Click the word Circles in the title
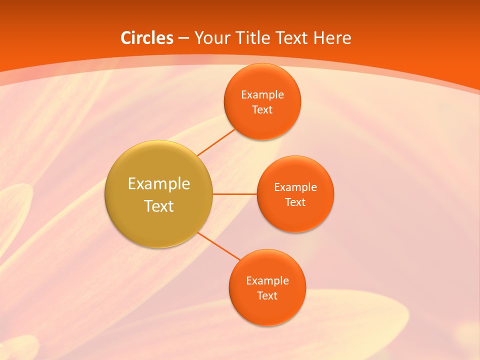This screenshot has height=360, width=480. pos(146,38)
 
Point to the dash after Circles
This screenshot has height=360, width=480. pos(183,38)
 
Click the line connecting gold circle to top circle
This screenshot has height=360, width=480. pos(216,142)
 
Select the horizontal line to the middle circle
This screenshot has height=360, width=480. pos(234,194)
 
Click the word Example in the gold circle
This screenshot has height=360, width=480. pos(159,184)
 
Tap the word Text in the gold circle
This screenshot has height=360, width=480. pos(159,206)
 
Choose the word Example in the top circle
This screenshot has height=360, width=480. pos(262,95)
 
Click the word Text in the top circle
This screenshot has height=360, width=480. pos(262,110)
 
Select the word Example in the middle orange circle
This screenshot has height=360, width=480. pos(295,187)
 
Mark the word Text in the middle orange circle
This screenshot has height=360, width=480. pos(295,202)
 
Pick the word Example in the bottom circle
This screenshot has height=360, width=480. pos(267,281)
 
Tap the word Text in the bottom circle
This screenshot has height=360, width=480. pos(267,296)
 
